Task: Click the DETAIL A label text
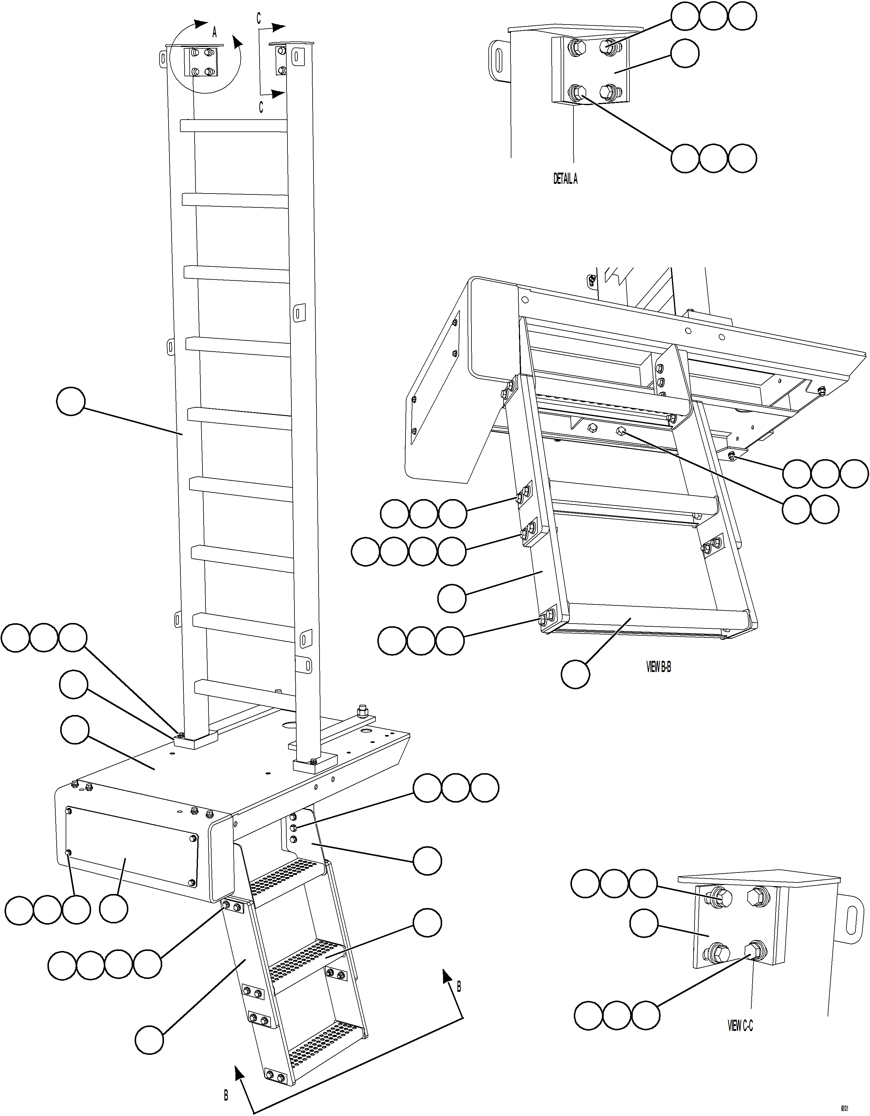(565, 178)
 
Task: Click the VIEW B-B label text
(658, 667)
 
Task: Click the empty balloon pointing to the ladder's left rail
(71, 401)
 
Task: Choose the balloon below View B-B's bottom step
(575, 674)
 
